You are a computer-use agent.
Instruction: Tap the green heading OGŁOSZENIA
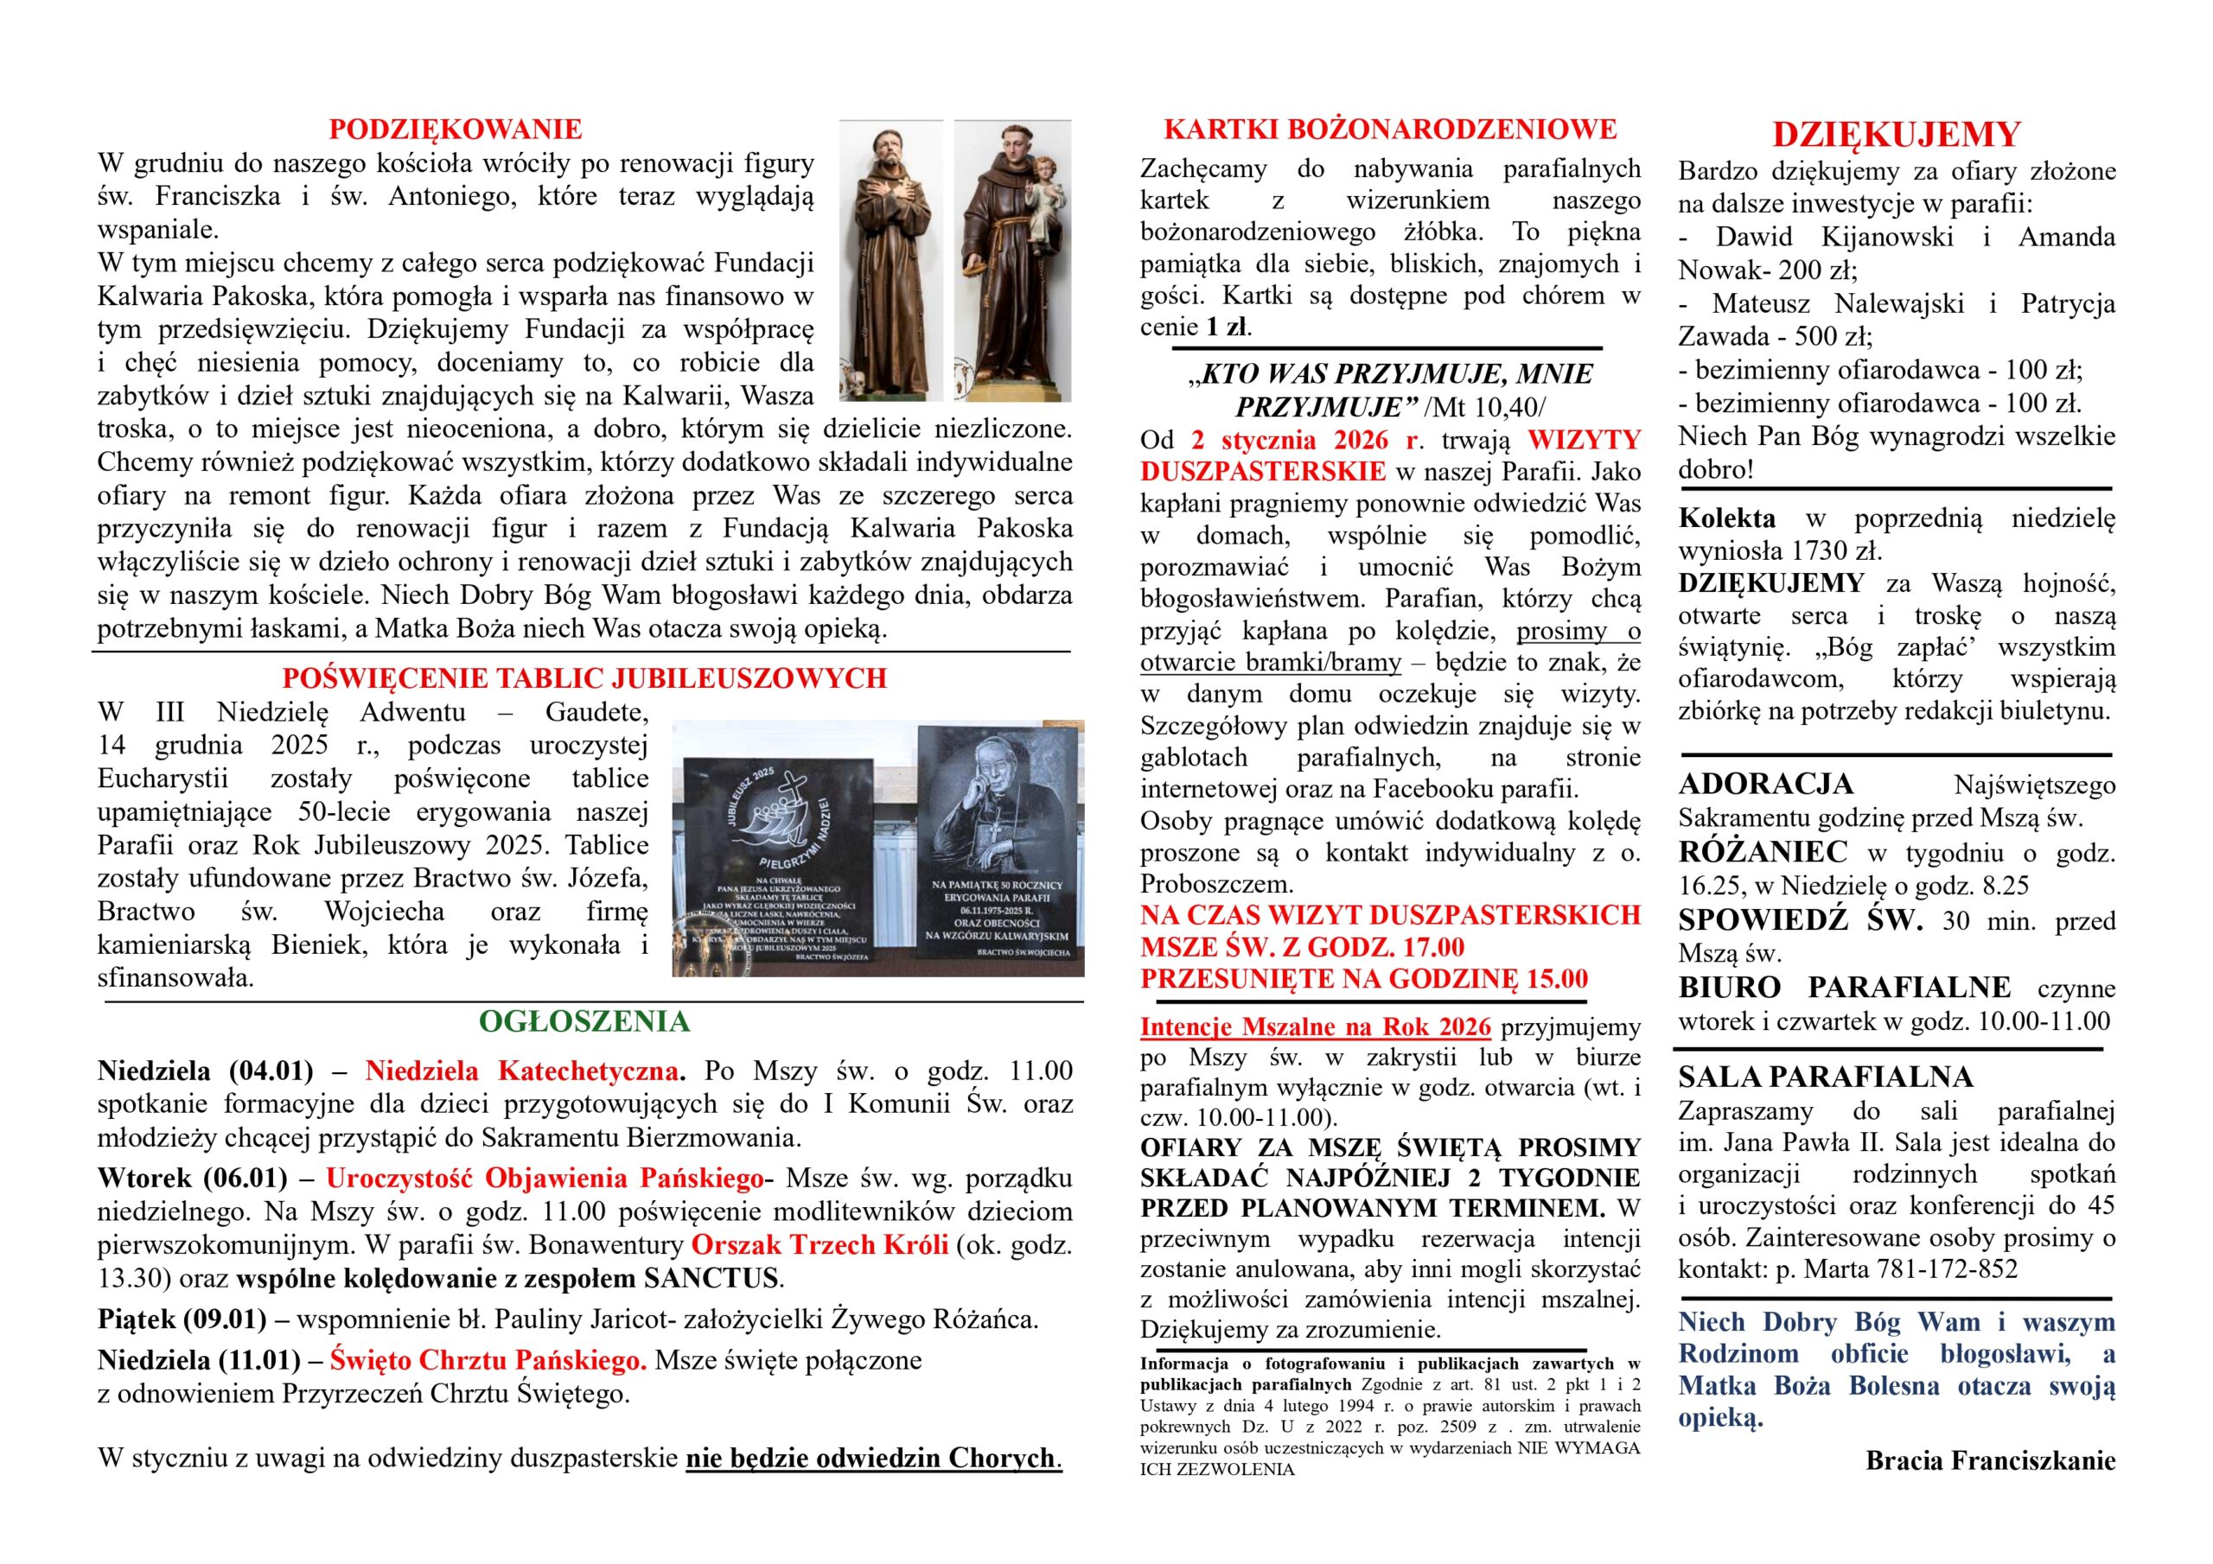(584, 1021)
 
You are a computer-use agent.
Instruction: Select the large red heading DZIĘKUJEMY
(1896, 135)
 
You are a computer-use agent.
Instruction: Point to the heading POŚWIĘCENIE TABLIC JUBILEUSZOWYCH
(584, 677)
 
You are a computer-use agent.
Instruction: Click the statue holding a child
(1011, 260)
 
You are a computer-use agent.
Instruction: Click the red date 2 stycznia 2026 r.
(1306, 441)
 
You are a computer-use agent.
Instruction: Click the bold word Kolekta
(1726, 518)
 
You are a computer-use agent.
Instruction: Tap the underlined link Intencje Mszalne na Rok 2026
(1315, 1027)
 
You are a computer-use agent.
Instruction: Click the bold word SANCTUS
(711, 1278)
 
